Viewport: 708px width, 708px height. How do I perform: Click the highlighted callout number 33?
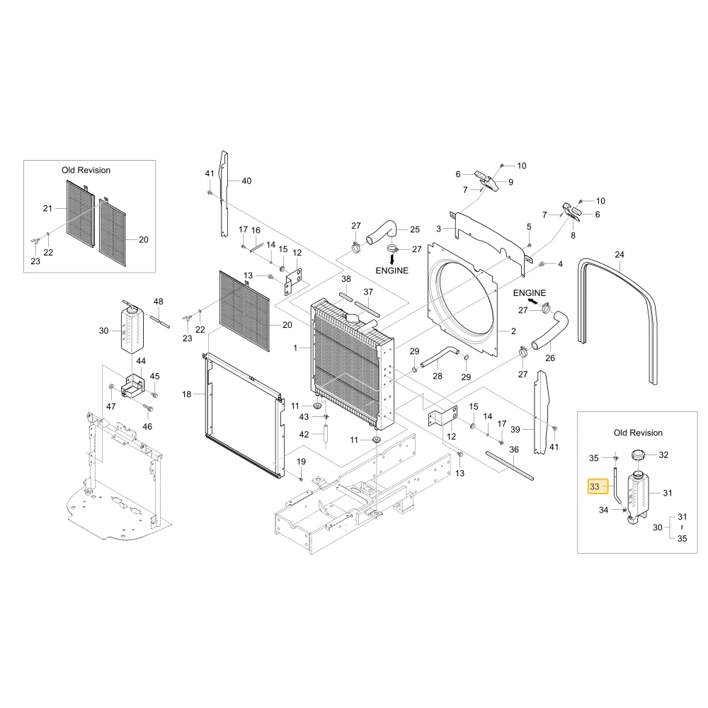tap(595, 487)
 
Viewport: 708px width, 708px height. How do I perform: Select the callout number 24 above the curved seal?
tap(619, 255)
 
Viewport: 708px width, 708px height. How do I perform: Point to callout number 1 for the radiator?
tap(295, 348)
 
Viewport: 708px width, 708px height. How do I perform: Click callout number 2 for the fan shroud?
tap(513, 331)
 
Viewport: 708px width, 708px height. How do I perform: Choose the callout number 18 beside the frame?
tap(187, 394)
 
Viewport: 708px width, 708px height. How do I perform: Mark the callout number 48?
tap(158, 301)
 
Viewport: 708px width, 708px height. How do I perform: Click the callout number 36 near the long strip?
tap(514, 450)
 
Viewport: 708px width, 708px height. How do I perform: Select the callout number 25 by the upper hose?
tap(415, 229)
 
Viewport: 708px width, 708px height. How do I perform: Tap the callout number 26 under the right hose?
tap(550, 358)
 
